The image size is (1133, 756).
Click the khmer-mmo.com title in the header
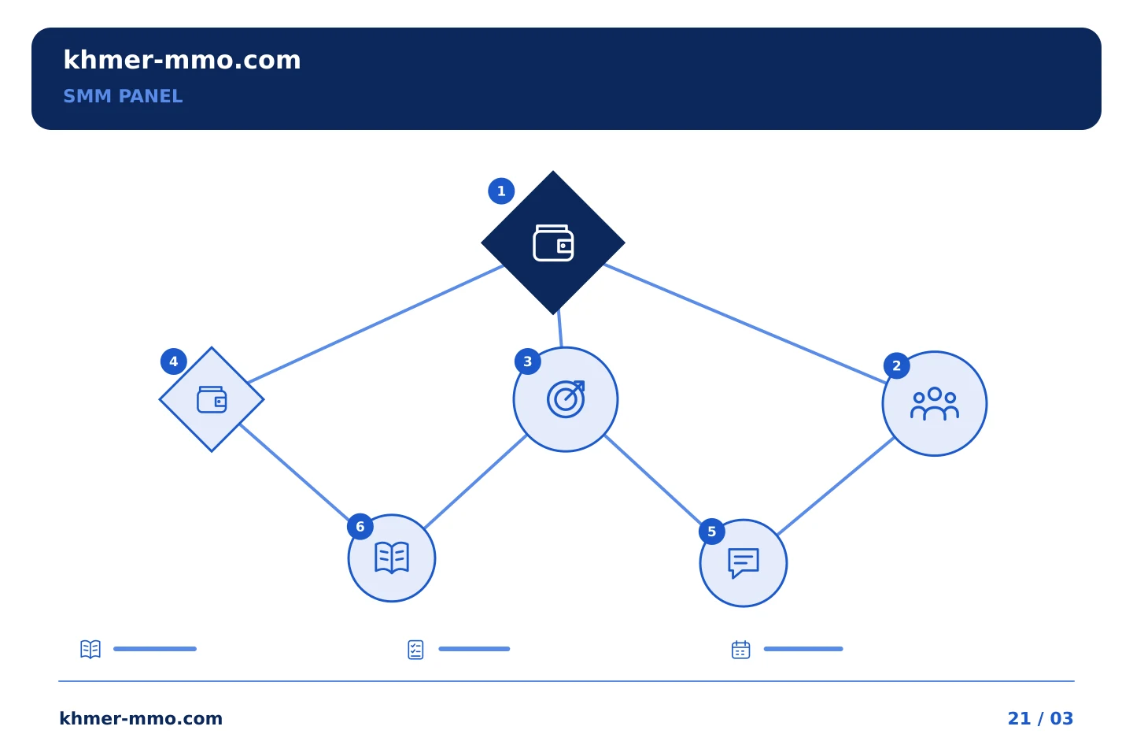tap(182, 61)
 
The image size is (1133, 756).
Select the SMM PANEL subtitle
tap(123, 96)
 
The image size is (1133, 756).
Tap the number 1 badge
tap(501, 191)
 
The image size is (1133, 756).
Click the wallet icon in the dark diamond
tap(553, 243)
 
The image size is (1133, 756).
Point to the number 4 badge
tap(173, 361)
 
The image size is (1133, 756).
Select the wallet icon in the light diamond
tap(212, 399)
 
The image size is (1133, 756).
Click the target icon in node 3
tap(566, 399)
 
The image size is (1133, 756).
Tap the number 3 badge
tap(527, 361)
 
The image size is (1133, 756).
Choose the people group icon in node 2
tap(934, 403)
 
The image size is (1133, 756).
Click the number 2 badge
tap(896, 365)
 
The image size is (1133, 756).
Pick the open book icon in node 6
tap(392, 558)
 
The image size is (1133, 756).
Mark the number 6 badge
tap(360, 527)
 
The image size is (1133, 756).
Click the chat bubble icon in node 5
tap(743, 562)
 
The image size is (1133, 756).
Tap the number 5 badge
tap(711, 532)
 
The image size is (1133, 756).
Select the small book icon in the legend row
tap(90, 649)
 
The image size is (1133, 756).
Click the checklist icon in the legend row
tap(415, 650)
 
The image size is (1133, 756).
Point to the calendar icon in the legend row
tap(740, 650)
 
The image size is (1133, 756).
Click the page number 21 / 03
tap(1040, 718)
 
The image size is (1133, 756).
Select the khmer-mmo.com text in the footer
tap(141, 718)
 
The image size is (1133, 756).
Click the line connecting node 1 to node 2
tap(745, 324)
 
